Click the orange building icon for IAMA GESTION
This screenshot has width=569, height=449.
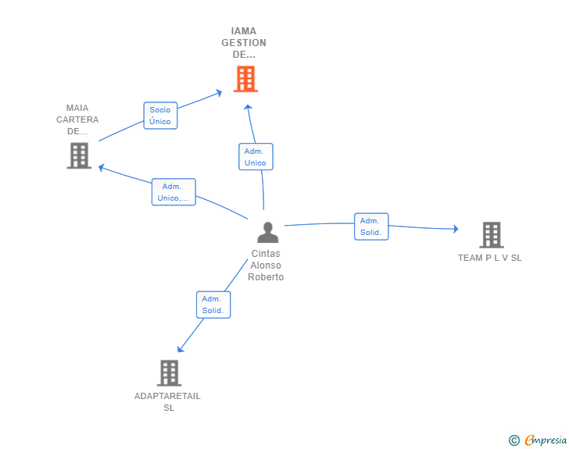245,79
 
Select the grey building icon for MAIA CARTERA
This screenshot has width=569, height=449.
79,155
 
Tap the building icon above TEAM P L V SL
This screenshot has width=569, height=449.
491,234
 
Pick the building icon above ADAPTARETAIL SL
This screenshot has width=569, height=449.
169,372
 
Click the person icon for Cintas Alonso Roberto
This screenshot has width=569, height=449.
267,233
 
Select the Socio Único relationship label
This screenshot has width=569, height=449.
160,116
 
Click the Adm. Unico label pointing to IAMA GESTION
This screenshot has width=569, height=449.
255,157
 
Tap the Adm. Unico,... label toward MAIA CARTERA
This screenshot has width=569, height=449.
173,192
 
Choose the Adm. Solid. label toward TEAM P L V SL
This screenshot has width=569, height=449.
370,226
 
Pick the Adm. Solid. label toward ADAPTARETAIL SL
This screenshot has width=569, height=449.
213,305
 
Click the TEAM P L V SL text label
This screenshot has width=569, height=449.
490,258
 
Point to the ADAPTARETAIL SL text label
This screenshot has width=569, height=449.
168,401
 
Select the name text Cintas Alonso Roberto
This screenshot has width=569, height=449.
266,265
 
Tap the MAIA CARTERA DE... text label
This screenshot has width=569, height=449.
77,119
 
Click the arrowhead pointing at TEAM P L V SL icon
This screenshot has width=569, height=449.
455,229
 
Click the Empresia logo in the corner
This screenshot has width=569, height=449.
545,440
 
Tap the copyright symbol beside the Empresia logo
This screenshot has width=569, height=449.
514,441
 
